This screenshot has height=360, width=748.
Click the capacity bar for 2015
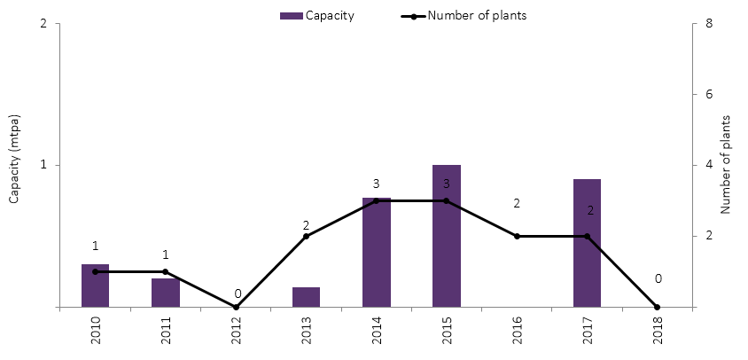447,236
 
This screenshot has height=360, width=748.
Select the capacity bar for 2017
587,243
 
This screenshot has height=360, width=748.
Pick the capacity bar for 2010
95,286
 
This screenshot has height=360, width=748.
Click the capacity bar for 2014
377,253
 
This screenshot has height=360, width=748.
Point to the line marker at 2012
236,307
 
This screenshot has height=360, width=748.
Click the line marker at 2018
657,307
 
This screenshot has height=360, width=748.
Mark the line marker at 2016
517,236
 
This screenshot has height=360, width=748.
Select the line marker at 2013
306,236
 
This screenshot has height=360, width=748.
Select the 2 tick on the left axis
44,23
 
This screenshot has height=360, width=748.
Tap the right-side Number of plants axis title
725,164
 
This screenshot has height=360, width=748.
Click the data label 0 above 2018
657,279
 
